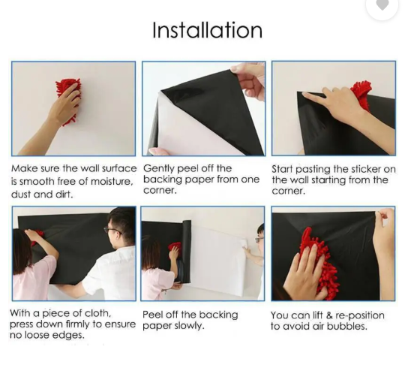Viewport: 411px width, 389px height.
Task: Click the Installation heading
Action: click(207, 30)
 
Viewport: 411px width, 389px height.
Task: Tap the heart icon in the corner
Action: click(382, 5)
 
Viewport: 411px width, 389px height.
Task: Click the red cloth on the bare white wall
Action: click(69, 101)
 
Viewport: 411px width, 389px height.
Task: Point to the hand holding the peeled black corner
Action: click(249, 80)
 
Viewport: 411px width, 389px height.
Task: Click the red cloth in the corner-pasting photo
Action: click(362, 95)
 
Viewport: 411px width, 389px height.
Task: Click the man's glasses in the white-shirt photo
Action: click(112, 231)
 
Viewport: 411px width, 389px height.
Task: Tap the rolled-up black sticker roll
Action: click(186, 252)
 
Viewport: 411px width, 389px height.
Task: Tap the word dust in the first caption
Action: click(21, 194)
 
